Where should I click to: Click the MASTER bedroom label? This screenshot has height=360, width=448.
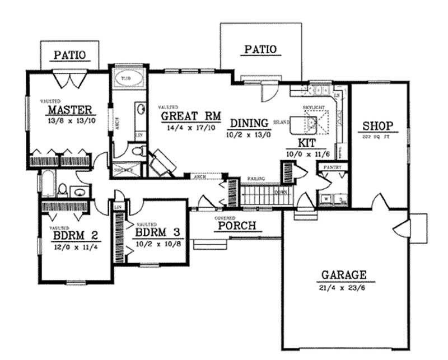(x=69, y=109)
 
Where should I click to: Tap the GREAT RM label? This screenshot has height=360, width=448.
(x=190, y=116)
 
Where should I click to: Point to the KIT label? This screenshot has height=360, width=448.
(x=307, y=143)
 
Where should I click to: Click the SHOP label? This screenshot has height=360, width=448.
(x=377, y=125)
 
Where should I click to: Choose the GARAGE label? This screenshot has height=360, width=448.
(x=344, y=275)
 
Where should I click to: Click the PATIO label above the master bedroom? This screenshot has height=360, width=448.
(x=69, y=55)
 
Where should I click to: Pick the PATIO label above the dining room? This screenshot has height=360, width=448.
(x=260, y=49)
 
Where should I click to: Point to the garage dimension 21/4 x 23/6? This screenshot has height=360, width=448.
(x=344, y=288)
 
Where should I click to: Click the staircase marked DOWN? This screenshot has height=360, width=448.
(x=263, y=196)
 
